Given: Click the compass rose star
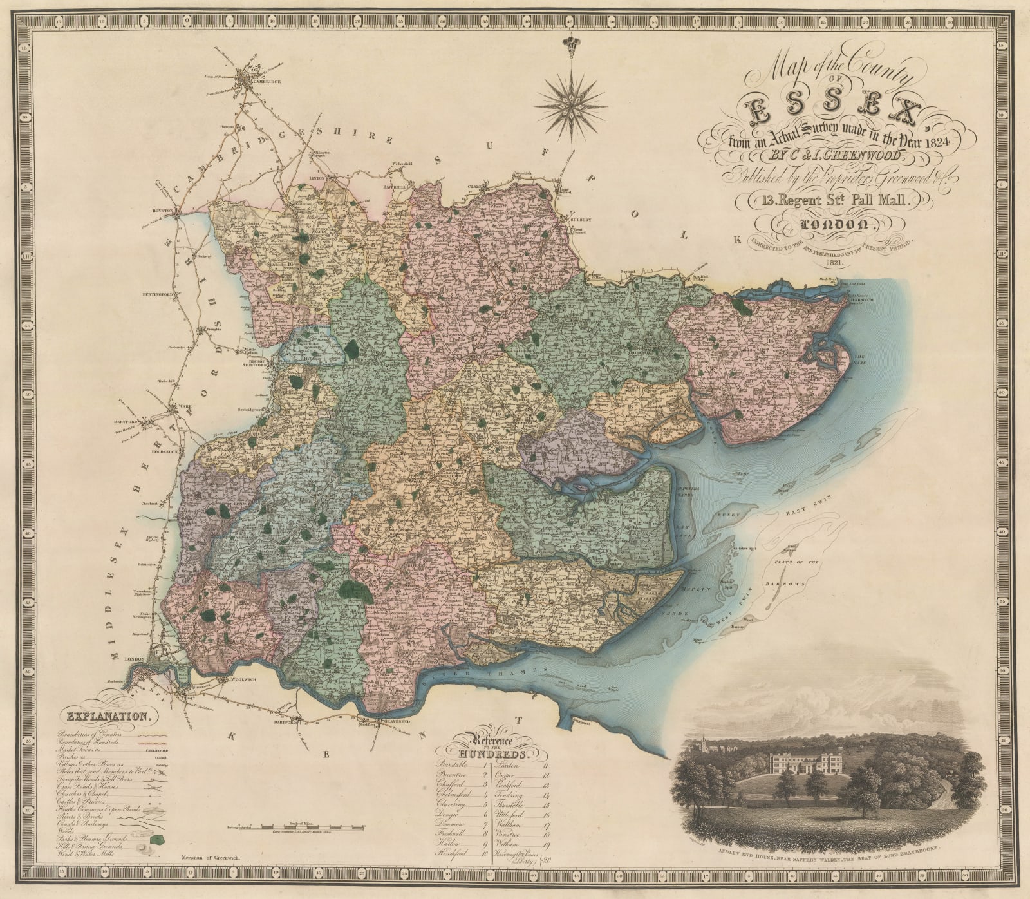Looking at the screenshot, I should click(x=570, y=99).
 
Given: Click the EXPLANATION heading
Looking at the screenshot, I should click(x=108, y=715).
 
